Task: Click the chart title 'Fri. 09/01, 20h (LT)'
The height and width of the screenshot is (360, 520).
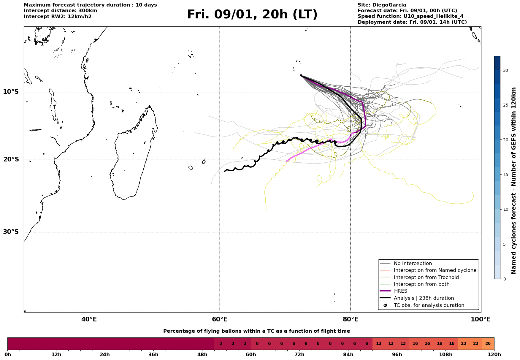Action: [x=252, y=15]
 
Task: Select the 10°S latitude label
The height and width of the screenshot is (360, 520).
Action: [x=11, y=92]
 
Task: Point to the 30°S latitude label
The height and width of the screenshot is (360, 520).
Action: [x=11, y=232]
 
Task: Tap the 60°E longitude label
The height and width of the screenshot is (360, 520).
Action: [x=220, y=319]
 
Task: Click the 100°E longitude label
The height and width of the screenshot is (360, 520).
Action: [x=481, y=319]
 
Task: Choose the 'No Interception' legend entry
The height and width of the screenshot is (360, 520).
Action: [x=413, y=264]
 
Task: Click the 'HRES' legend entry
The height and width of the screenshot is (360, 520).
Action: [x=400, y=291]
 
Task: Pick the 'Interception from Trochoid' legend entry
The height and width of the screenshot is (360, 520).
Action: [x=426, y=277]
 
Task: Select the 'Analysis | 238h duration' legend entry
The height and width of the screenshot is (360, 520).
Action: [x=424, y=298]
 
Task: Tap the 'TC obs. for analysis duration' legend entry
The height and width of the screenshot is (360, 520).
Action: [x=429, y=305]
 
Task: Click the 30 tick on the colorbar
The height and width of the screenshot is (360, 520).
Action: [x=505, y=70]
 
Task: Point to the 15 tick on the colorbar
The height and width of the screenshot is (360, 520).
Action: [x=505, y=175]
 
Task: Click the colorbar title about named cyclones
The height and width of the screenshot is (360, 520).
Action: [x=514, y=180]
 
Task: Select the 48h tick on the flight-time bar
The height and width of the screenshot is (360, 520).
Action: [x=202, y=355]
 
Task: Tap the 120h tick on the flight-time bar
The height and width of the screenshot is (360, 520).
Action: [x=494, y=355]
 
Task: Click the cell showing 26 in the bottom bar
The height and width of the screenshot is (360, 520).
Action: [x=488, y=344]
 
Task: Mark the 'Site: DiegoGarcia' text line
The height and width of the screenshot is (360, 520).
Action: [x=382, y=5]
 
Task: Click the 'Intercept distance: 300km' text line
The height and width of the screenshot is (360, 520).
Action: [x=60, y=11]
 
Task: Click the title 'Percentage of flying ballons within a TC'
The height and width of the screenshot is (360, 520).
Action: [x=256, y=331]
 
